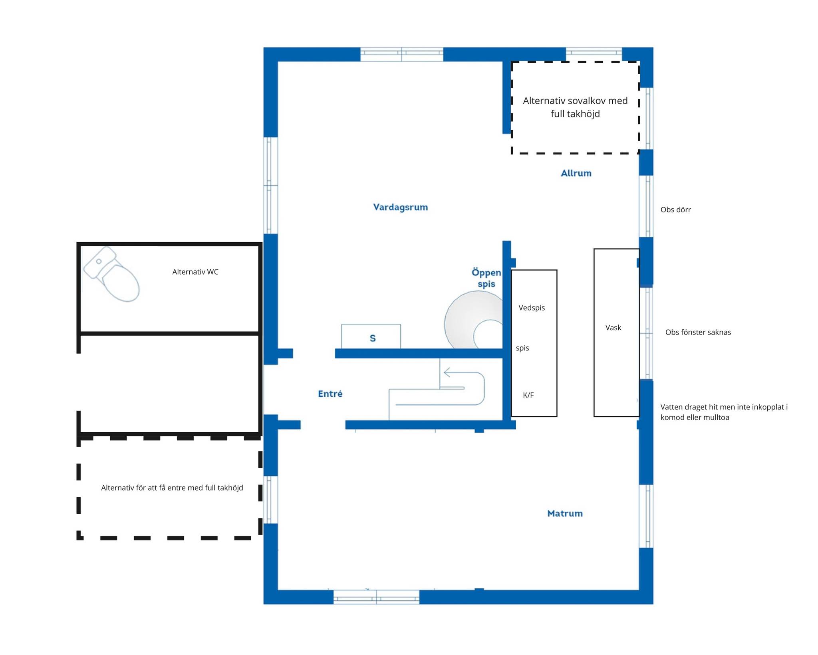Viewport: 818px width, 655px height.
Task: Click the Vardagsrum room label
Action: coord(400,207)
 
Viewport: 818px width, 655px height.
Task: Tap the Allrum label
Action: coord(576,173)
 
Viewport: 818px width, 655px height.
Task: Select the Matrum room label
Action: coord(565,513)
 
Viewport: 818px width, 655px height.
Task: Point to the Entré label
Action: coord(330,394)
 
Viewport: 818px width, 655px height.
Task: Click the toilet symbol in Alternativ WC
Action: coord(111,274)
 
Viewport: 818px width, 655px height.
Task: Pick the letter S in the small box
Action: coord(373,338)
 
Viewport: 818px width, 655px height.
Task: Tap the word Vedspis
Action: coord(532,308)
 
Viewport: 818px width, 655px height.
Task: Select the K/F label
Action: coord(528,395)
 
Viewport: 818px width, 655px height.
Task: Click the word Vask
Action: coord(613,328)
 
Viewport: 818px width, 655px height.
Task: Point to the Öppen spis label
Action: coord(486,278)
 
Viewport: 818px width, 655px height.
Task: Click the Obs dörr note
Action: coord(675,210)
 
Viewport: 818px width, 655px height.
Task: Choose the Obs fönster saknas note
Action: coord(698,332)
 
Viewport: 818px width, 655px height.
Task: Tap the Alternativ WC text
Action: coord(195,272)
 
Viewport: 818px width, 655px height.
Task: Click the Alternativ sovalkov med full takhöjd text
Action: coord(575,107)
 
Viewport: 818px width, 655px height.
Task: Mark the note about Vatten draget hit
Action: coord(724,412)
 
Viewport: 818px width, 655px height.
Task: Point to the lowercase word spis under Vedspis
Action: coord(522,348)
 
